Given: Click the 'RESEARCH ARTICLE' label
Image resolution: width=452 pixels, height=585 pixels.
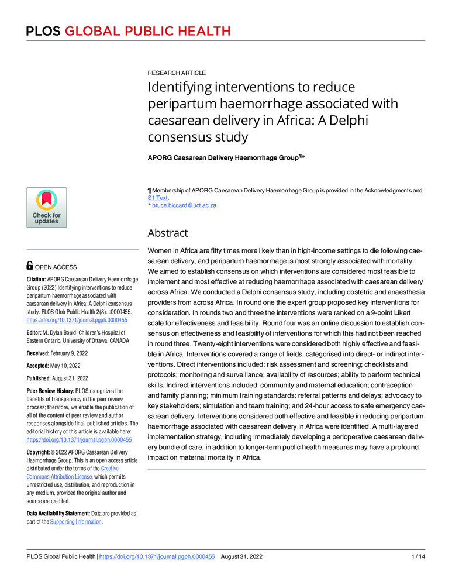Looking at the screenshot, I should click(x=176, y=73).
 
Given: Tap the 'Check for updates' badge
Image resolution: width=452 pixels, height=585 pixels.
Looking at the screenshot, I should click(x=46, y=207).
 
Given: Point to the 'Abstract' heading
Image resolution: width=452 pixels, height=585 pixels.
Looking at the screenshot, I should click(x=168, y=233).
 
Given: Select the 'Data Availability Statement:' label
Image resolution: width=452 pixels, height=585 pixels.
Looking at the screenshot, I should click(x=57, y=513).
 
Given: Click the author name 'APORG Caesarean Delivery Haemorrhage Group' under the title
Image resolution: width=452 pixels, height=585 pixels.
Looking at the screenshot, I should click(x=223, y=157).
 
